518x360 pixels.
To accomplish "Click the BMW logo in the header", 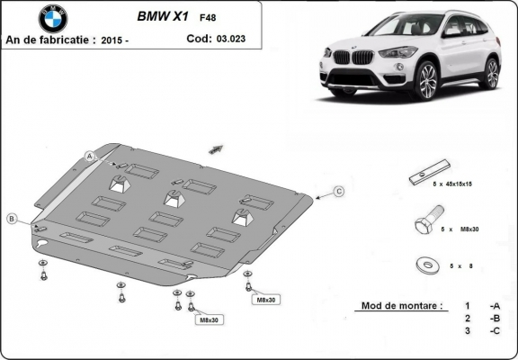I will coord(53,18).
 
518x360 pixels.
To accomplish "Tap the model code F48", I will coord(207,17).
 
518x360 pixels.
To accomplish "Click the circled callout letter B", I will coord(12,219).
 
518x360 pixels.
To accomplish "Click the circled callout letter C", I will coord(339,191).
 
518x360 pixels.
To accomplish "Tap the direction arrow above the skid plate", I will coord(216,147).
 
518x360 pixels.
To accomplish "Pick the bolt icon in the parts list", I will coord(426,221).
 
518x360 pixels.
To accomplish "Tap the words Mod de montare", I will coord(400,306).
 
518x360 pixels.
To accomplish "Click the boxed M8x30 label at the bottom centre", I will coord(208,319).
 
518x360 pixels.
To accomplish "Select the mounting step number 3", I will coord(467,331).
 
